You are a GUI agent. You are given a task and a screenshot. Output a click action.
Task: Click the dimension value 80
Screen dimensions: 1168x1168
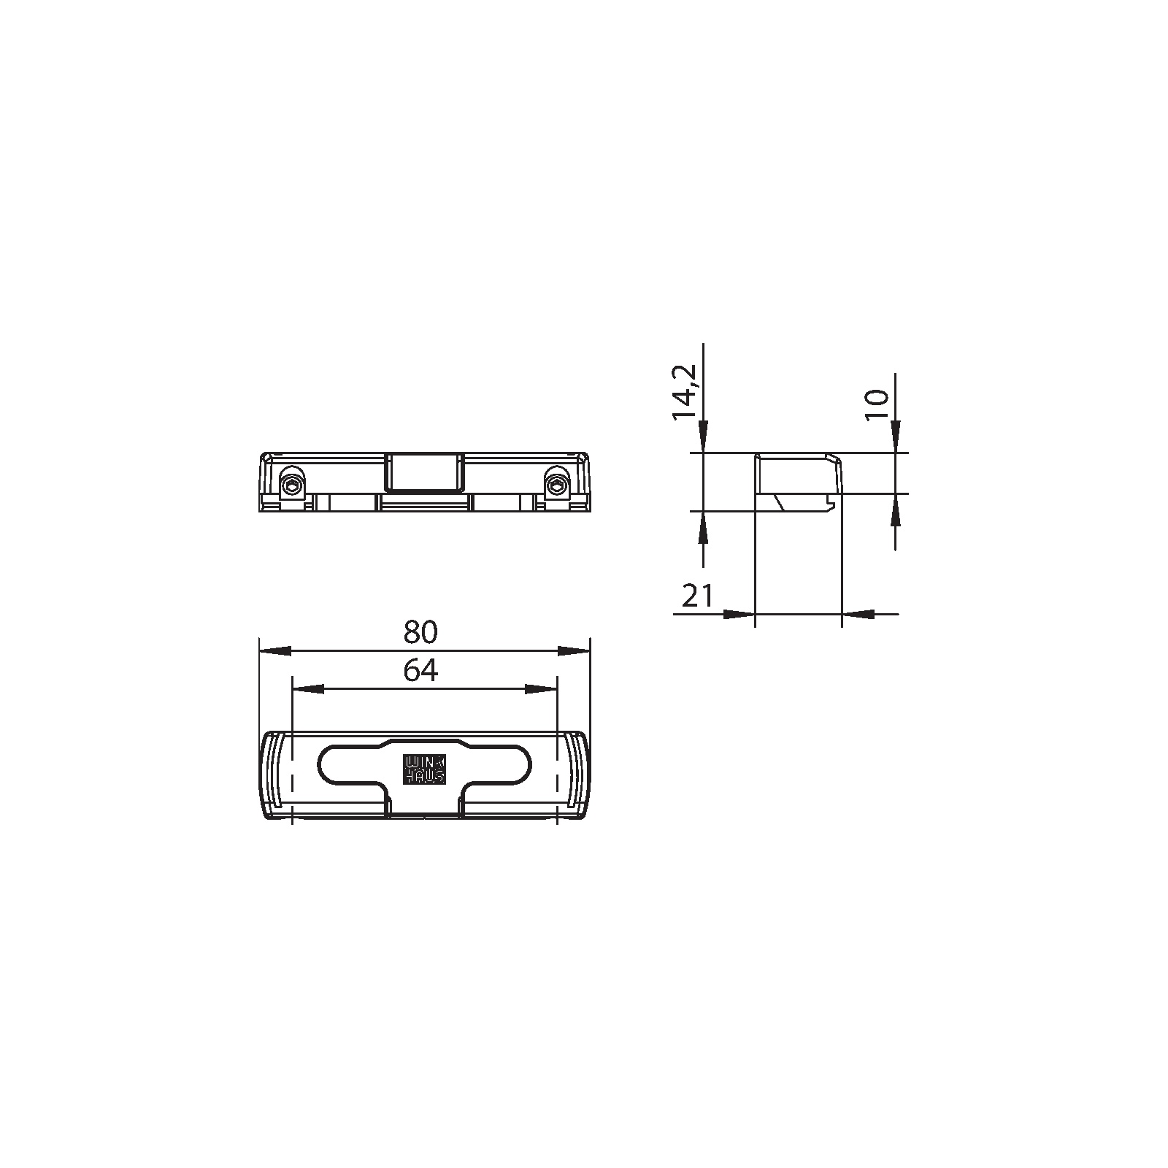[420, 632]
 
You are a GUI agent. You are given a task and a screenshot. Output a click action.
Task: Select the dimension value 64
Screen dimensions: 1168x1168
[420, 670]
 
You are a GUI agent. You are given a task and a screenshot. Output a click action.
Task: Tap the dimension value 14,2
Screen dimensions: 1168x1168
[685, 393]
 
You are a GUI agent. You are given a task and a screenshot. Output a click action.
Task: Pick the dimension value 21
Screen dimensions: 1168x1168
[697, 596]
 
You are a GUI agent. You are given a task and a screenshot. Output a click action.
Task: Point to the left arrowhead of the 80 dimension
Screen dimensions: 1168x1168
[275, 650]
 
